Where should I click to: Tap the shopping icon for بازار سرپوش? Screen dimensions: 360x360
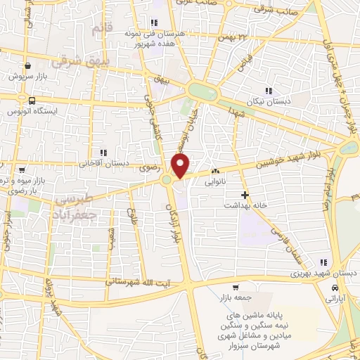(27, 66)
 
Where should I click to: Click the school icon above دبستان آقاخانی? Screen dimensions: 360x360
(103, 153)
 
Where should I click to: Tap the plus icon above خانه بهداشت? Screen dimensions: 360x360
(245, 195)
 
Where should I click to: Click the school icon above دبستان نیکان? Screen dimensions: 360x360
(268, 90)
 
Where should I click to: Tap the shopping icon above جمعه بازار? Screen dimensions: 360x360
(236, 287)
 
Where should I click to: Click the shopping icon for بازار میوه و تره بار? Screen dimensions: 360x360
(22, 171)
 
